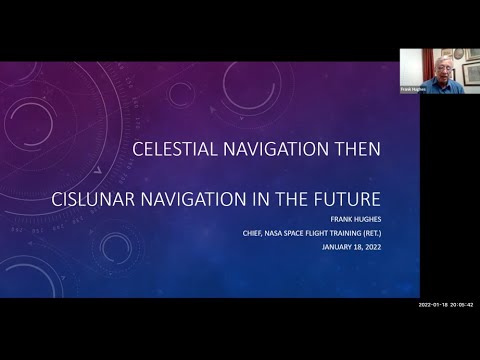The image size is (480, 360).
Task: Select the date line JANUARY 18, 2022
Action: tap(349, 251)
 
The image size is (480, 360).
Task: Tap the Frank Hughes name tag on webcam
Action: tap(413, 88)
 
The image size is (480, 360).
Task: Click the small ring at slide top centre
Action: tap(180, 94)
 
